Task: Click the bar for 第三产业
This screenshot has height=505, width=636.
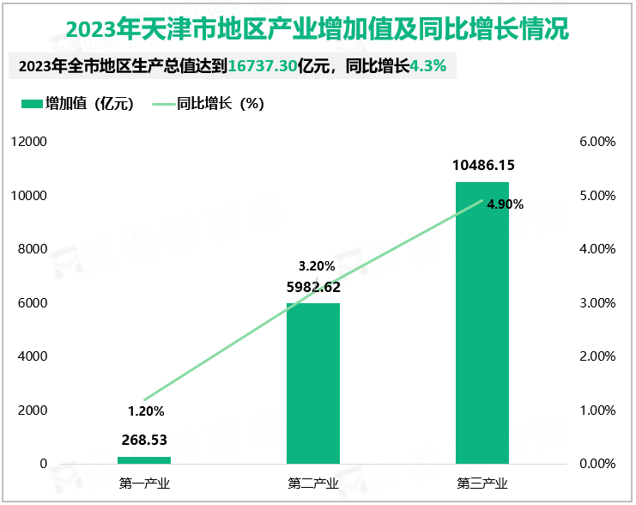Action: [482, 326]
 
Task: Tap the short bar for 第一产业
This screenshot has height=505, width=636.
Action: [144, 460]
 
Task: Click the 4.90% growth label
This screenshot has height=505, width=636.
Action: [505, 204]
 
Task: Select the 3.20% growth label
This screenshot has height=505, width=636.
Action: [316, 265]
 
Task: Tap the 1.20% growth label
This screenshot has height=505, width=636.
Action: [144, 411]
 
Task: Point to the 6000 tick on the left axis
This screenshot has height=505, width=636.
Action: [33, 303]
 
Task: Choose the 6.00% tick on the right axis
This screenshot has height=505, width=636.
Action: [598, 142]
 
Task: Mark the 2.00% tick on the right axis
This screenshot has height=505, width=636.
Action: [598, 356]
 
